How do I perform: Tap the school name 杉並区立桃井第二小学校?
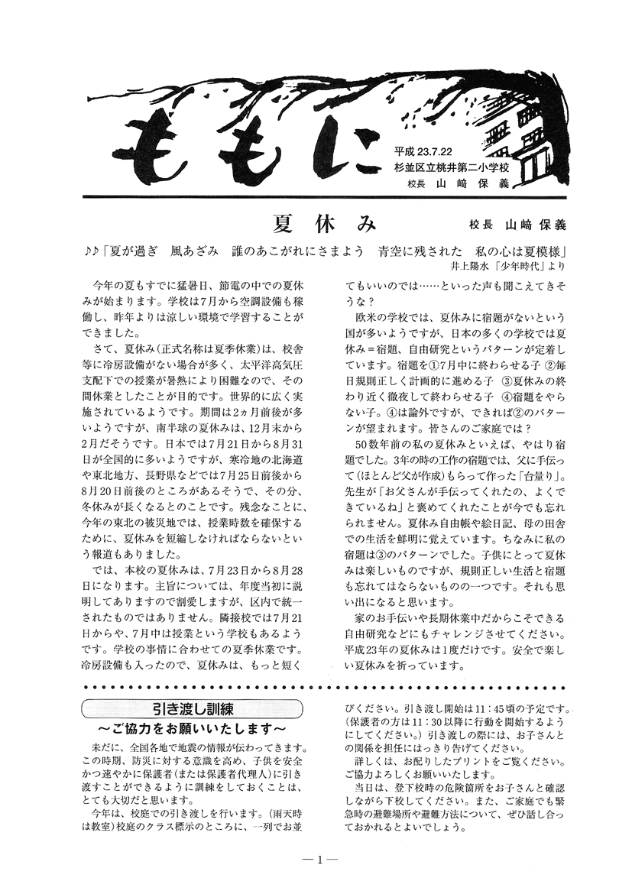coord(451,168)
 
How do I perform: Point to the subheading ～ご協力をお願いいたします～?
coord(192,725)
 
